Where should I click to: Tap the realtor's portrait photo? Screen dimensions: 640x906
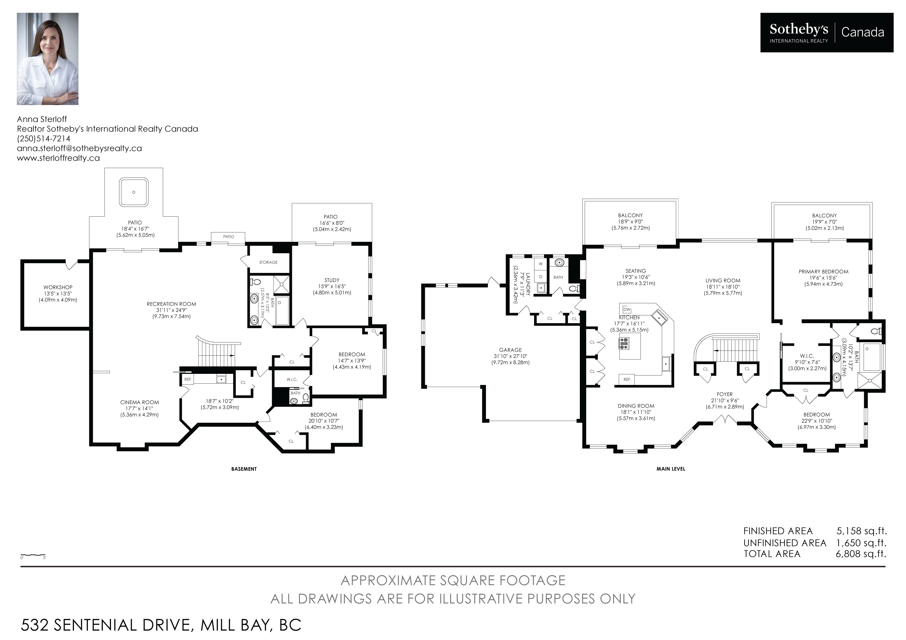coord(47,59)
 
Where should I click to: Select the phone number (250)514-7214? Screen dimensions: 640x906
coord(43,139)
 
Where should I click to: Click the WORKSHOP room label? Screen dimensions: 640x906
coord(58,287)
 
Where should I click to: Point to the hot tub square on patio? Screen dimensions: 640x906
coord(134,192)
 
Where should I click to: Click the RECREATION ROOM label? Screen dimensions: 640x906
coord(171,304)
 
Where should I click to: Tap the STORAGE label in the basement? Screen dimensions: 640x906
coord(268,262)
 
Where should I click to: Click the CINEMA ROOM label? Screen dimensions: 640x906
coord(140,402)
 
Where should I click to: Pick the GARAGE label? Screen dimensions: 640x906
coord(510,350)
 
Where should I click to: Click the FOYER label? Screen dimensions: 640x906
coord(725,394)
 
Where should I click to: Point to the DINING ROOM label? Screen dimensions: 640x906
coord(636,406)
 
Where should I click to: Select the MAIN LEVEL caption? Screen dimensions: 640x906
coord(671,469)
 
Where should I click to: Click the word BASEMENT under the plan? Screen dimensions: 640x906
coord(244,469)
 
